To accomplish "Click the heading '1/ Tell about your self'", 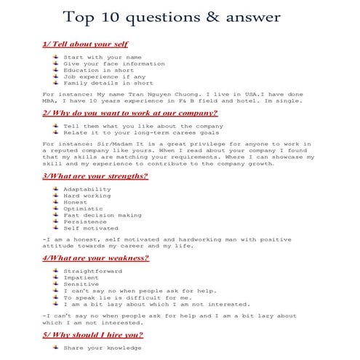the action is coord(85,44).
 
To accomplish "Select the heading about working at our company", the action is coord(129,113).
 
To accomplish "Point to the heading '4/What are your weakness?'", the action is coord(95,257).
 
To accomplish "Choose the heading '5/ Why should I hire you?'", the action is coord(92,335).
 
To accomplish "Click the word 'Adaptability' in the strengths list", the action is coord(87,189).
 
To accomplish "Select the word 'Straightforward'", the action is coord(93,271).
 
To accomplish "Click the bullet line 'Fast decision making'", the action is coord(102,215).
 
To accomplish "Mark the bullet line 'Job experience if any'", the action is coord(96,76).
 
